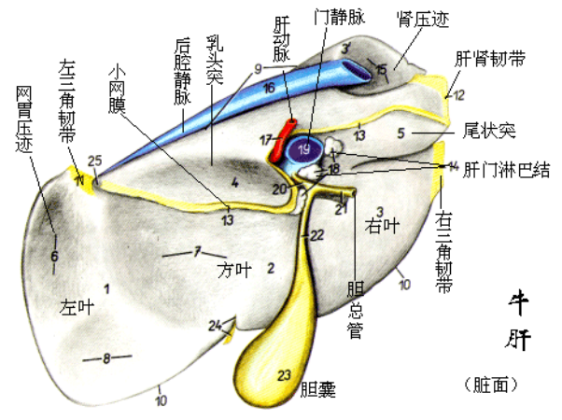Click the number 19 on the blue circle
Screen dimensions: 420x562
(303, 148)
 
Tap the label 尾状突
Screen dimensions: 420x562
(489, 129)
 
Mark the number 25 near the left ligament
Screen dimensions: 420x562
(93, 161)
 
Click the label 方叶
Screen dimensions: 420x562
(234, 271)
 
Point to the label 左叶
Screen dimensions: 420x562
(77, 305)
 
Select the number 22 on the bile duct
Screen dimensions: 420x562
(317, 234)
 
